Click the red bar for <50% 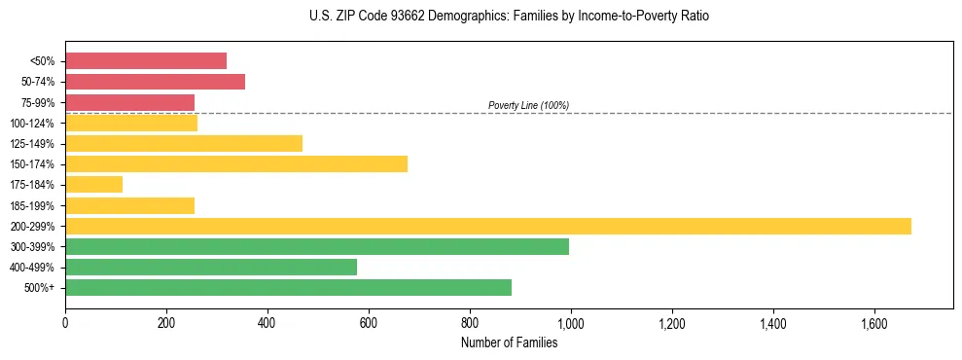146,60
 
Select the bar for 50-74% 155,82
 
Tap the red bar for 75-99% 129,102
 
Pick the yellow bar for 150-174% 236,164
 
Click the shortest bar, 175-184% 93,185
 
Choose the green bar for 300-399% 317,247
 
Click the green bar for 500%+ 288,288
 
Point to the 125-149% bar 184,144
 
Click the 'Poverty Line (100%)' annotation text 528,105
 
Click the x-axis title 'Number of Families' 509,342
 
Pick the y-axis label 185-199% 32,206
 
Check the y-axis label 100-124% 32,124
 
